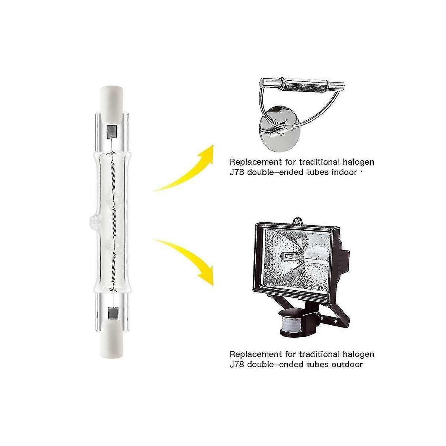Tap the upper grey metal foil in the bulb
coord(111,130)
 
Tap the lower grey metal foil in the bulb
coord(111,312)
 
